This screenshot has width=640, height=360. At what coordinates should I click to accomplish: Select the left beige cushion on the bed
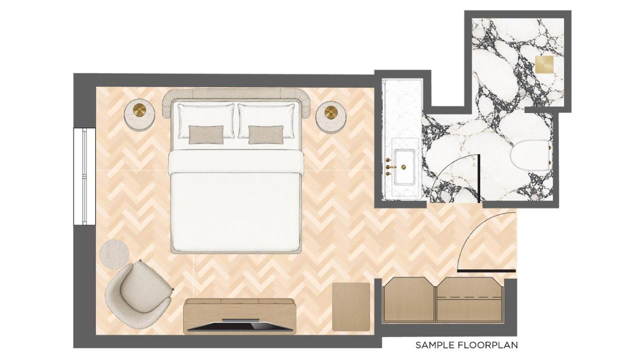point(206,134)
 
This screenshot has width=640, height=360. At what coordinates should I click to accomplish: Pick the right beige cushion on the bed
point(266,134)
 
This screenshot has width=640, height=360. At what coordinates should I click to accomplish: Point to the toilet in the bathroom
point(531,155)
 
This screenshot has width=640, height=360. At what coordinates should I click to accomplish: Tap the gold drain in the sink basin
point(403,167)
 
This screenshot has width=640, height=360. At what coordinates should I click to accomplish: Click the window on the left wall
point(84,176)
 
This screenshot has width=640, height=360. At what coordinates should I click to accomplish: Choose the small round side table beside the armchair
point(114,254)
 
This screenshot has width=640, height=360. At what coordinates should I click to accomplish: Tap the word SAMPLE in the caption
point(434,345)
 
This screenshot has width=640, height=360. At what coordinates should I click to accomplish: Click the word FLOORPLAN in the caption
point(487,345)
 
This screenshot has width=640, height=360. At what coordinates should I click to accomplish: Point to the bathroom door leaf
point(478,178)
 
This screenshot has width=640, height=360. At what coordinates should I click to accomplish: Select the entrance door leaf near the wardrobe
point(486,270)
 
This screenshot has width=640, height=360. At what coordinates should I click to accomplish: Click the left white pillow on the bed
point(206,121)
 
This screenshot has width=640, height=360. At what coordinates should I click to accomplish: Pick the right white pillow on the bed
point(266,121)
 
